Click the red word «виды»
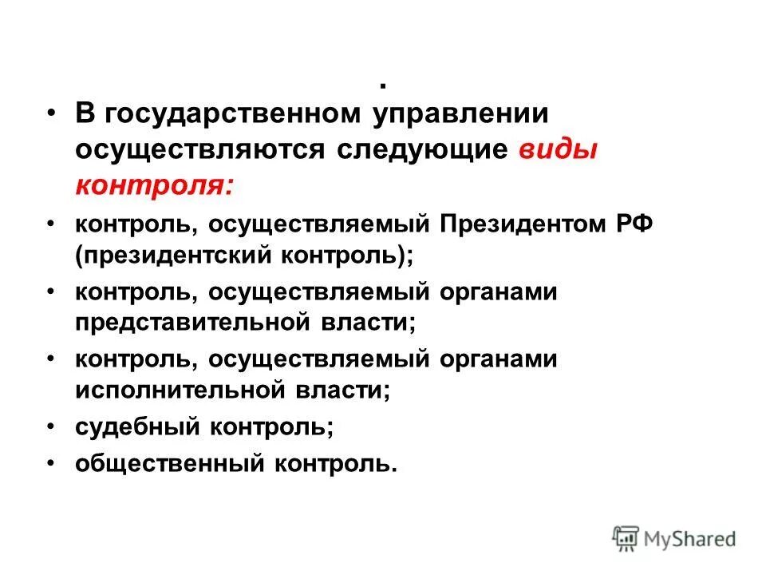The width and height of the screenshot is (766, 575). tap(559, 150)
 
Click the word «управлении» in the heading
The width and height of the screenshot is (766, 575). tap(460, 114)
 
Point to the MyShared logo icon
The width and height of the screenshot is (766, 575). tap(627, 538)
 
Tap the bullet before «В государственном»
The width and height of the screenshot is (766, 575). tap(51, 115)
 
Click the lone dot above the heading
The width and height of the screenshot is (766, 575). tap(384, 85)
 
